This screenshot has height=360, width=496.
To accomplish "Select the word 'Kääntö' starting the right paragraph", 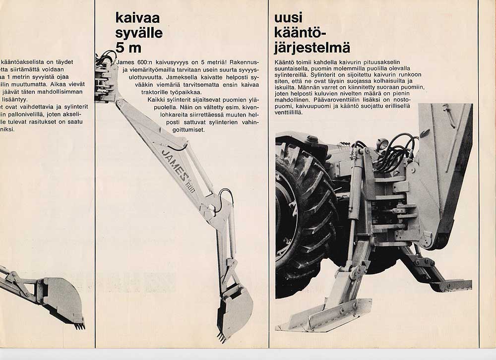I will [x=286, y=61].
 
